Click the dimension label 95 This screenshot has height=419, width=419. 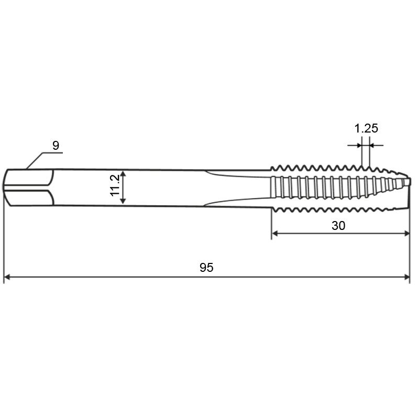(x=206, y=268)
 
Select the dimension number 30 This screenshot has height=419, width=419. (x=338, y=226)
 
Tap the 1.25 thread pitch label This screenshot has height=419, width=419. (x=366, y=128)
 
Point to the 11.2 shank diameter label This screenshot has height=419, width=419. (x=115, y=185)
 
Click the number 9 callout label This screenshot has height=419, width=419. (x=56, y=146)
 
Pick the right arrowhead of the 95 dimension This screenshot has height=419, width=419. (x=407, y=277)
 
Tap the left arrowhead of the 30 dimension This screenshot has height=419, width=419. (x=275, y=234)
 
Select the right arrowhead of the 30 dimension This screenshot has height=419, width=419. (x=406, y=234)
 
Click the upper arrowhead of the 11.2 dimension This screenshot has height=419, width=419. (x=123, y=174)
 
